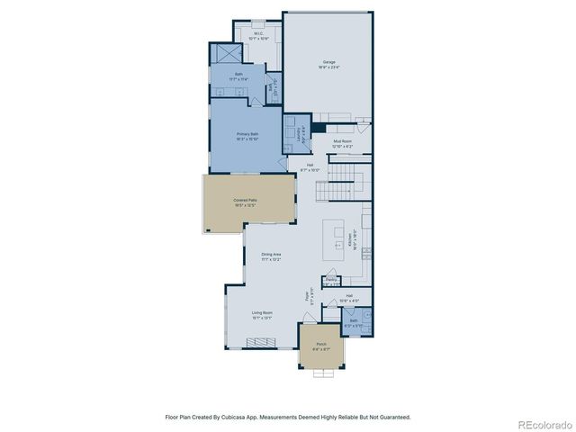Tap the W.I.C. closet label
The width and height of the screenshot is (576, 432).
(258, 37)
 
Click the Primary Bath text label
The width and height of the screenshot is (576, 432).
(248, 137)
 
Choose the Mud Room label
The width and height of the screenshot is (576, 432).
(342, 143)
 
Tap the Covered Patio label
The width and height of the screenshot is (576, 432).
(246, 202)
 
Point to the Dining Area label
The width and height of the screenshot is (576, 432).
(272, 258)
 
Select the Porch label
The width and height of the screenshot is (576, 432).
(321, 346)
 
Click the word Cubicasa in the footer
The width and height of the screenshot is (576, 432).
(245, 417)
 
